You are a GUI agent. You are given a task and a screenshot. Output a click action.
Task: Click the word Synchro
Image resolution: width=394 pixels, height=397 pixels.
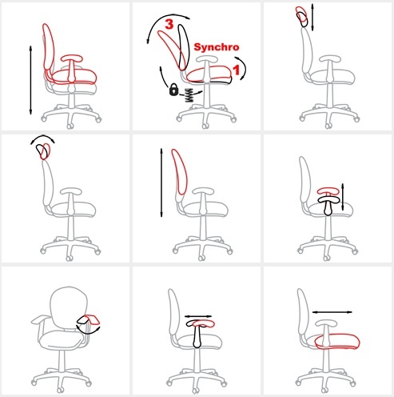pos(217,47)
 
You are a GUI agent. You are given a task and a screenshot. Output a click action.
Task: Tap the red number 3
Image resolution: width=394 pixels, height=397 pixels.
pos(169,24)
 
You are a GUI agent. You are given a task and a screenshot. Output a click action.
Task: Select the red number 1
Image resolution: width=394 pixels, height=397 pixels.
pos(236,70)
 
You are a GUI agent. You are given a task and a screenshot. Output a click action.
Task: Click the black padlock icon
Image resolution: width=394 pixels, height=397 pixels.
pos(173,90)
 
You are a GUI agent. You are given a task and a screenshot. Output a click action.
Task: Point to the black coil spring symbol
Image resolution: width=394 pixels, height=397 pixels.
pos(189,95)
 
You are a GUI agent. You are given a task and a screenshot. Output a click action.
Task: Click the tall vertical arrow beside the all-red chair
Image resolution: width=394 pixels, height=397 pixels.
pos(30,80)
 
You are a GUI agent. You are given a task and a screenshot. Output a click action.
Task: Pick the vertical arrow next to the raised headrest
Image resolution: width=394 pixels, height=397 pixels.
pos(312,18)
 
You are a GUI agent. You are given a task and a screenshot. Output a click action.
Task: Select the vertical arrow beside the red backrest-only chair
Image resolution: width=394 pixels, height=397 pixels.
pos(161,182)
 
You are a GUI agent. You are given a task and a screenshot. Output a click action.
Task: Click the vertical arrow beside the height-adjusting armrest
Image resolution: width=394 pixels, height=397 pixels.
pos(343,197)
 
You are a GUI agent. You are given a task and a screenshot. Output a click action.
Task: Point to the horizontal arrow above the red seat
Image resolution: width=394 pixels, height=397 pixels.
pos(332,312)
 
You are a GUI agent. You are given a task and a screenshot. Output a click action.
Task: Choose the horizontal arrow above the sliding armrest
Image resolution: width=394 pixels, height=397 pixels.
pos(198,316)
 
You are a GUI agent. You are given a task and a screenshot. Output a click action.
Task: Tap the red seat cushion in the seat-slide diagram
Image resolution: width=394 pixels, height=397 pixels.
pos(337,341)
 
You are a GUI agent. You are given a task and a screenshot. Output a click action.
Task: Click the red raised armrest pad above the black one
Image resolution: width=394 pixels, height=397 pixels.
pos(328,190)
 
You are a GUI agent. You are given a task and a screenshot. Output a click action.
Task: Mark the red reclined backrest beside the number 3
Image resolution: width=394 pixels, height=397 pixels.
pos(170,50)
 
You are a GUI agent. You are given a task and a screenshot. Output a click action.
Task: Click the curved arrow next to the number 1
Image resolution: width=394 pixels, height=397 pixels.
pos(242,68)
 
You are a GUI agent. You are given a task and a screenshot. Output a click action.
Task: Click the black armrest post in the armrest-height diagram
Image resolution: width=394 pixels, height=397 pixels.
pos(328,207)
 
